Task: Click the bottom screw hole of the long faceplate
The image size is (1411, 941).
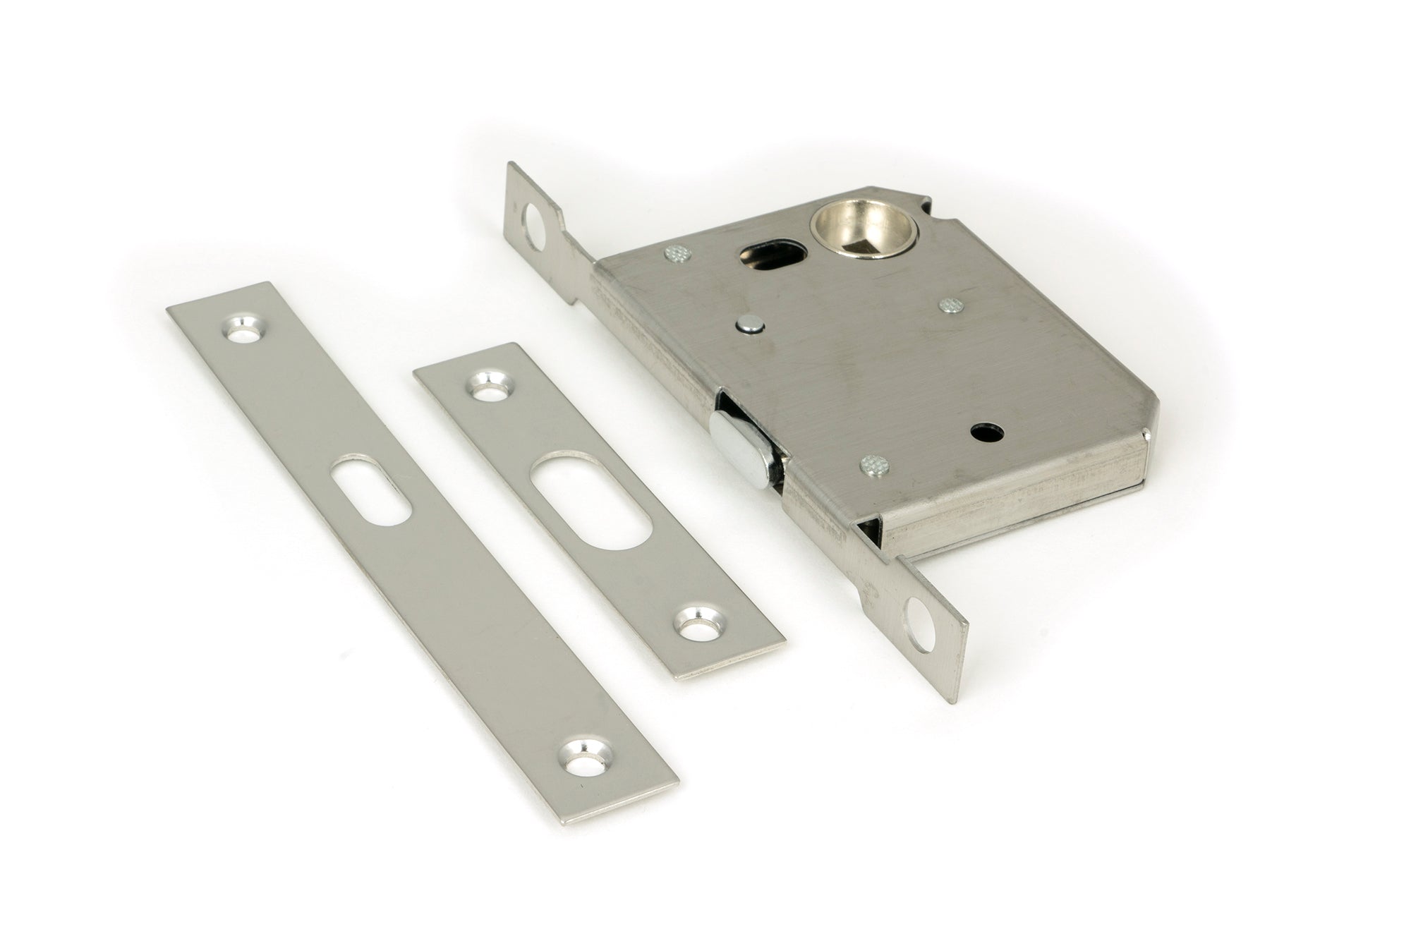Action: (x=585, y=767)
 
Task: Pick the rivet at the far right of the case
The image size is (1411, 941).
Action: (x=951, y=305)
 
